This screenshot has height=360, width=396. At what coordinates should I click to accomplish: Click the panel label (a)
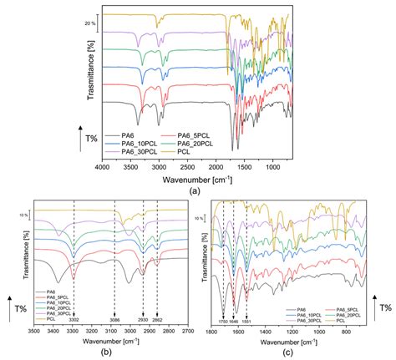(x=198, y=190)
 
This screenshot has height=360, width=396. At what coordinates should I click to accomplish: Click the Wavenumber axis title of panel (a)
(x=198, y=178)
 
